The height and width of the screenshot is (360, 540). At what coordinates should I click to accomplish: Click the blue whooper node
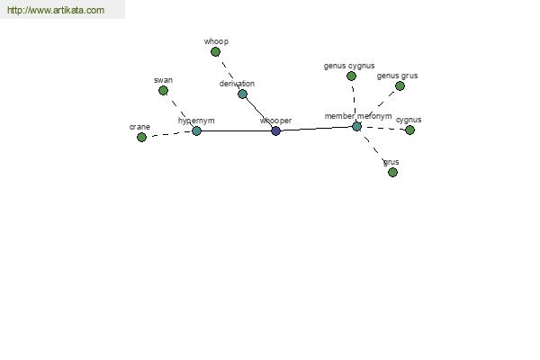pos(275,130)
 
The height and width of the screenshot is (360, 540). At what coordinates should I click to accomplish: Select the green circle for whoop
pos(215,52)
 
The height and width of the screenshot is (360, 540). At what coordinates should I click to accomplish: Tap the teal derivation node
pos(242,94)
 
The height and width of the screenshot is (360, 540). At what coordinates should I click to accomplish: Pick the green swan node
pos(163,91)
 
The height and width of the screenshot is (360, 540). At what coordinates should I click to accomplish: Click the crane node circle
pos(141,138)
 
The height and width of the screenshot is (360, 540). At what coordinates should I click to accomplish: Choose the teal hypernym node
pos(196,130)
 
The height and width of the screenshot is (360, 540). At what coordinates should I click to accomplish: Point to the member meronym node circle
pos(356,126)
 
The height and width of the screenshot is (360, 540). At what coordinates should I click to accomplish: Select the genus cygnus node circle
pos(351,76)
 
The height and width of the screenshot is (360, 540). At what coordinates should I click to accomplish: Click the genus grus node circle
pos(400,86)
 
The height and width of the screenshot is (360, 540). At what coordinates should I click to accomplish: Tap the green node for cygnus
pos(409,130)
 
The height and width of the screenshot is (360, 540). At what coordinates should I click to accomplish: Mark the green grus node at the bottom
pos(392,172)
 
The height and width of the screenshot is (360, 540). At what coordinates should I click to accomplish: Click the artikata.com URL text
pos(56,10)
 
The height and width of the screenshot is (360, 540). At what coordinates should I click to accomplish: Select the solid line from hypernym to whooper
pos(236,130)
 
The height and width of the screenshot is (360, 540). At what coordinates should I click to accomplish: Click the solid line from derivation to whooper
pos(259,112)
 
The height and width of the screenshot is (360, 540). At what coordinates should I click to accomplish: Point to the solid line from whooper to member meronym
pos(316,129)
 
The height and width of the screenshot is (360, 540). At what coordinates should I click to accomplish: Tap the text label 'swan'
pos(163,80)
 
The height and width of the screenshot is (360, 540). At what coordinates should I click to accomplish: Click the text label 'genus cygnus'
pos(349,66)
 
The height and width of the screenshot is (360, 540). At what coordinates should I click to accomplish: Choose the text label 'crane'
pos(139,127)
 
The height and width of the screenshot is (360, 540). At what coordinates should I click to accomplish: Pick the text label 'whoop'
pos(216,41)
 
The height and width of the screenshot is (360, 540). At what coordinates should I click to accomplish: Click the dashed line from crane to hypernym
pos(169,134)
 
